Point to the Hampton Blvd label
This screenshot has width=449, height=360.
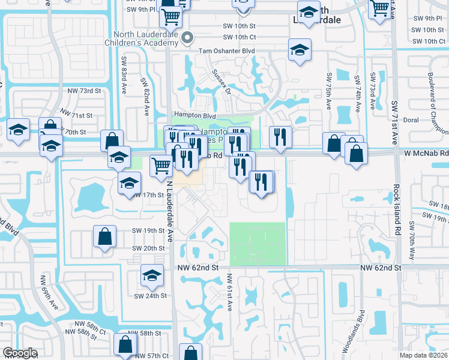(x=194, y=115)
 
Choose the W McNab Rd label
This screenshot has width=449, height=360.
(x=427, y=154)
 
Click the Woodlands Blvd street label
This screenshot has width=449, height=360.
(x=362, y=329)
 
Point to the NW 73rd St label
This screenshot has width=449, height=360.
(x=84, y=91)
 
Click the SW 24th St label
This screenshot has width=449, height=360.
(x=149, y=296)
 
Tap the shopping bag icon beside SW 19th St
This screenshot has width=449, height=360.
(x=105, y=235)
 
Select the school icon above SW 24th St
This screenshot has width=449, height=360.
(x=152, y=275)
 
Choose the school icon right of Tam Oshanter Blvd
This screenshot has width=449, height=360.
(x=299, y=50)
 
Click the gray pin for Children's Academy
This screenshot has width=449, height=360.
(x=187, y=37)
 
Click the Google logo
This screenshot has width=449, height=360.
(x=20, y=353)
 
